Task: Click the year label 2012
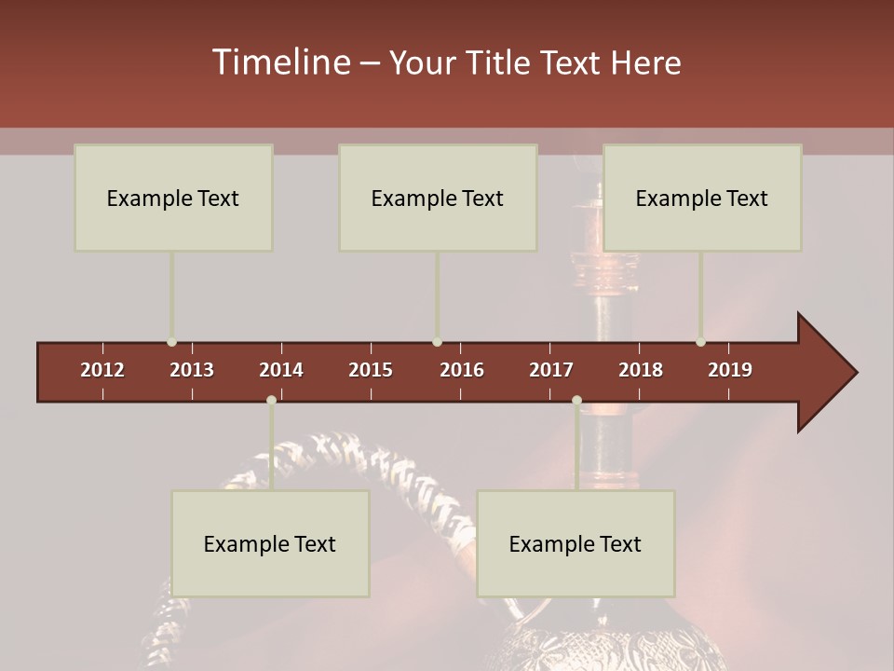pyautogui.click(x=102, y=370)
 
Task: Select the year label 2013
pyautogui.click(x=192, y=370)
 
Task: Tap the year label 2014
pyautogui.click(x=281, y=370)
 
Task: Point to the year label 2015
pyautogui.click(x=371, y=370)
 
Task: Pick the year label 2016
pyautogui.click(x=462, y=370)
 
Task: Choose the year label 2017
pyautogui.click(x=551, y=370)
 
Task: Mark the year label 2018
pyautogui.click(x=641, y=370)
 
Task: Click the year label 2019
pyautogui.click(x=730, y=370)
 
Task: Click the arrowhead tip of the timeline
pyautogui.click(x=855, y=373)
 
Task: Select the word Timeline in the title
pyautogui.click(x=280, y=62)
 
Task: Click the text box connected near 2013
pyautogui.click(x=173, y=198)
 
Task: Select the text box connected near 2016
pyautogui.click(x=438, y=198)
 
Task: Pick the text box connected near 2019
pyautogui.click(x=702, y=198)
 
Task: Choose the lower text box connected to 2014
pyautogui.click(x=270, y=543)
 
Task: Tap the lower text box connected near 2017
pyautogui.click(x=576, y=543)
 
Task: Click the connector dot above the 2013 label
pyautogui.click(x=172, y=342)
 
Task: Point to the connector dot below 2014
pyautogui.click(x=271, y=400)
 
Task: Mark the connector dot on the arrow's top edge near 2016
pyautogui.click(x=438, y=342)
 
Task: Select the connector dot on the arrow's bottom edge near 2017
pyautogui.click(x=576, y=400)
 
